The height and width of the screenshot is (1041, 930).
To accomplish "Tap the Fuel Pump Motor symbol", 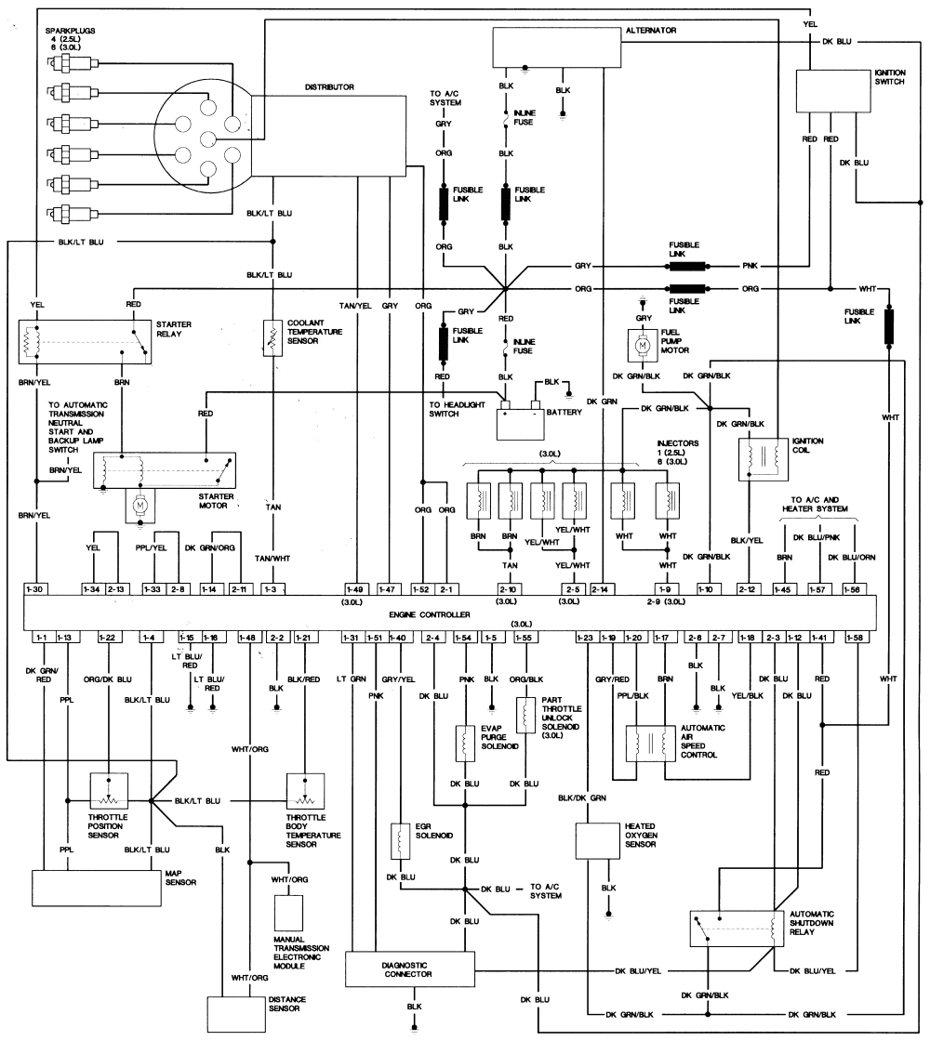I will (x=641, y=346).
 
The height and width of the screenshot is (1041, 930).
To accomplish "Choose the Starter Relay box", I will (x=85, y=342).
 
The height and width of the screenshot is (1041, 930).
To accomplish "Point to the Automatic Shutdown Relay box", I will (x=736, y=927).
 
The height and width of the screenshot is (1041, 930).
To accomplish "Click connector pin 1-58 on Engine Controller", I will (x=856, y=637).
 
